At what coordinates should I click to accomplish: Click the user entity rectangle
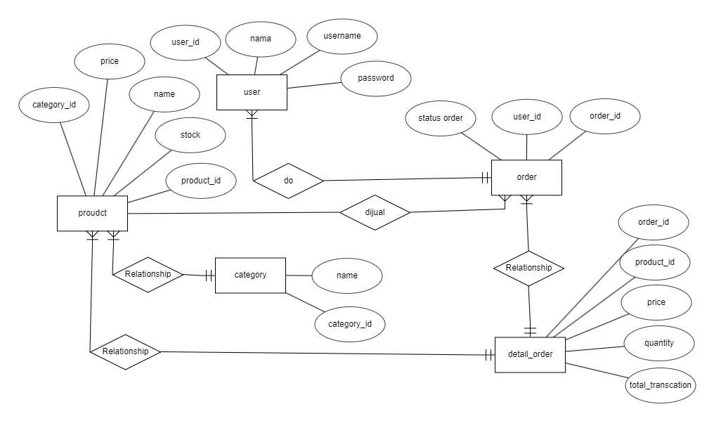point(252,92)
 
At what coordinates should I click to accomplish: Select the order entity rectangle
point(526,177)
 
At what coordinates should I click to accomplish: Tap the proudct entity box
point(92,213)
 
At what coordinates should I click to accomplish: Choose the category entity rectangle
point(250,275)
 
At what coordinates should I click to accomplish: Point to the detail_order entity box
point(530,354)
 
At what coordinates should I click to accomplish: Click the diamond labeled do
point(288,181)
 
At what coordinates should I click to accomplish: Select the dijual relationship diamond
point(375,212)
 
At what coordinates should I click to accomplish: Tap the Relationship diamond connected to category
point(148,274)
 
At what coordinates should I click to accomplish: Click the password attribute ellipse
point(375,78)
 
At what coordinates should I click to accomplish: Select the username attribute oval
point(342,36)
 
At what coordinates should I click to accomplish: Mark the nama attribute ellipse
point(261,39)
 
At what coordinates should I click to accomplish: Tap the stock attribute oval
point(190,135)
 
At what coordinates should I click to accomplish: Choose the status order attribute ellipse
point(441,118)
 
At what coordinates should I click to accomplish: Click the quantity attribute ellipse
point(659,343)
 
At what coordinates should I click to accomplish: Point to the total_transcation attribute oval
point(659,384)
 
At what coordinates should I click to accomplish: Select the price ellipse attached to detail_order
point(656,302)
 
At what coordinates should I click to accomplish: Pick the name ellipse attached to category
point(346,276)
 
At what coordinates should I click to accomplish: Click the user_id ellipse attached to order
point(527,117)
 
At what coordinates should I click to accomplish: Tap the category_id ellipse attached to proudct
point(54,105)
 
